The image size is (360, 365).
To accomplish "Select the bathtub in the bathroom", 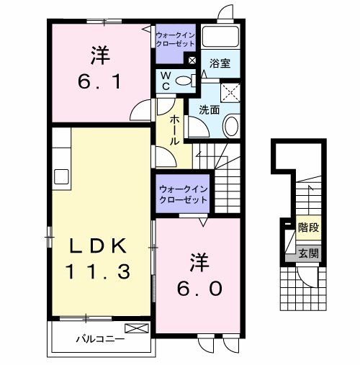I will [x=221, y=37].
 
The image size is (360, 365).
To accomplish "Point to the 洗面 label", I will [x=210, y=110].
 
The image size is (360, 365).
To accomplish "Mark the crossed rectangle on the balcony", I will [x=142, y=328].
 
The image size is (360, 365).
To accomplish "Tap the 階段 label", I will [x=308, y=227].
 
